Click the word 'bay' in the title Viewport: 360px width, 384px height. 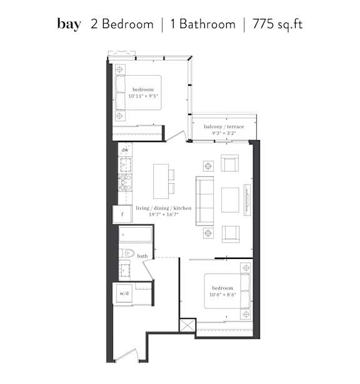pos(69,24)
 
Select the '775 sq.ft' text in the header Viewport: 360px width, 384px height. pos(277,24)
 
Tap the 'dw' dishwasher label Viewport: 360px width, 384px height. pos(125,149)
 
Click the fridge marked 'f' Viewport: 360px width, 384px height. pos(122,214)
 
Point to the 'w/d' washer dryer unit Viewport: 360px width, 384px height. pos(124,293)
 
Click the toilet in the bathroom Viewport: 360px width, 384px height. pos(127,253)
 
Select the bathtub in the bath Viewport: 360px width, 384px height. pos(136,235)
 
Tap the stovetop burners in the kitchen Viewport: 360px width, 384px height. pos(125,183)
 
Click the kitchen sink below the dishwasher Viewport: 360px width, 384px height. pos(126,165)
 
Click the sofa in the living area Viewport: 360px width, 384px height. pos(205,201)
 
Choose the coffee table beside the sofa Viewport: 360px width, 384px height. pos(230,200)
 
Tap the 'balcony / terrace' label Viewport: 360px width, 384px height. pos(224,126)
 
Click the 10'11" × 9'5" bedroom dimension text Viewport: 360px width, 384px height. pos(143,96)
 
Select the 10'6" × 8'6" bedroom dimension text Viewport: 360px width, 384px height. pos(222,295)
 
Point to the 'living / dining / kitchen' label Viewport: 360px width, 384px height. pos(164,208)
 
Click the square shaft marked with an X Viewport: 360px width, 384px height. pos(187,325)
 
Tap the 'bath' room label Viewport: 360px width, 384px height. pos(142,256)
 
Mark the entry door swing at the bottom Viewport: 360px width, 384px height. pos(126,355)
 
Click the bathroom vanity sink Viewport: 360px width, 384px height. pos(125,270)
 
